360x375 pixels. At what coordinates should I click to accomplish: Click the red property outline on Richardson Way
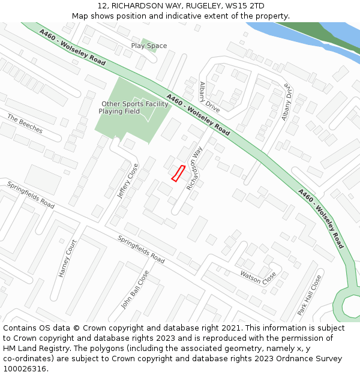point(178,173)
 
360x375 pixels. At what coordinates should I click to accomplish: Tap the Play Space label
point(149,46)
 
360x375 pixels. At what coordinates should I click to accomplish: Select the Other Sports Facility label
point(135,104)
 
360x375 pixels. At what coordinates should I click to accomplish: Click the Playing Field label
point(119,112)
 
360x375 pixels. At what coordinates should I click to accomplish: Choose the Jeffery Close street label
point(128,181)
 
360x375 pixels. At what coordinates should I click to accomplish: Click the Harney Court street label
point(68,259)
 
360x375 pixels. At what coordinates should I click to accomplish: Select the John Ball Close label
point(135,289)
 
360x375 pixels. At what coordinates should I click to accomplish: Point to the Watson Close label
point(258,276)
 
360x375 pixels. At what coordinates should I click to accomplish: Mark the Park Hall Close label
point(310,295)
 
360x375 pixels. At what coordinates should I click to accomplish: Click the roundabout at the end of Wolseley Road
point(349,304)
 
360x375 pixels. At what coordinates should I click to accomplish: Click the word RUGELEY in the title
point(202,6)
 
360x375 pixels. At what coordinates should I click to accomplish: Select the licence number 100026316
point(25,369)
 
